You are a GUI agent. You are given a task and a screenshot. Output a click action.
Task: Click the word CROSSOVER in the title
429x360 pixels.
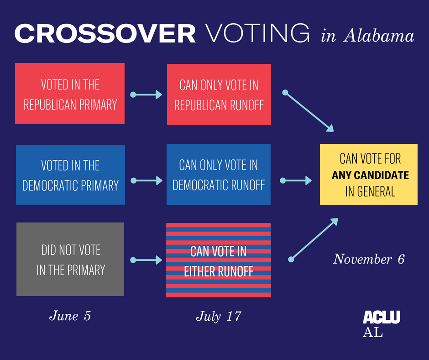pyautogui.click(x=105, y=34)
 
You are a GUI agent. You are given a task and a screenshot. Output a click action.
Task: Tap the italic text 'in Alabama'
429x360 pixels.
pyautogui.click(x=367, y=36)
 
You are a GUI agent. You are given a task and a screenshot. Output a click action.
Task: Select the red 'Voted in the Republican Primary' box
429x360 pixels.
pyautogui.click(x=70, y=94)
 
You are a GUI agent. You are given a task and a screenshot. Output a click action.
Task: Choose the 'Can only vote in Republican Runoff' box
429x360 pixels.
pyautogui.click(x=219, y=95)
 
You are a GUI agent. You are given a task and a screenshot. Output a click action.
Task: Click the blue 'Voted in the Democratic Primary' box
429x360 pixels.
pyautogui.click(x=70, y=175)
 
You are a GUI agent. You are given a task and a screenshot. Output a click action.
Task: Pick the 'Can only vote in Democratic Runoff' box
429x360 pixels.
pyautogui.click(x=219, y=175)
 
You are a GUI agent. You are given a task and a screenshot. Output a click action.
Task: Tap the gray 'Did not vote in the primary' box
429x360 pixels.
pyautogui.click(x=70, y=259)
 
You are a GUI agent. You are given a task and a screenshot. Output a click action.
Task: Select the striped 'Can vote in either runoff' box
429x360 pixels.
pyautogui.click(x=219, y=260)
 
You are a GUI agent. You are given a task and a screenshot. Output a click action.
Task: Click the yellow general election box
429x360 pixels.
pyautogui.click(x=368, y=175)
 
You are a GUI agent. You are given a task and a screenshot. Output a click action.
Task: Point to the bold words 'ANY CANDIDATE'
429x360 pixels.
pyautogui.click(x=370, y=175)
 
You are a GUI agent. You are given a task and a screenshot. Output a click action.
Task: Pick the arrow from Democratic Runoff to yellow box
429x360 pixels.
pyautogui.click(x=296, y=181)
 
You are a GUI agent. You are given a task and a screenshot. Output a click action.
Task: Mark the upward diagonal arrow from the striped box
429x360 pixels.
pyautogui.click(x=314, y=239)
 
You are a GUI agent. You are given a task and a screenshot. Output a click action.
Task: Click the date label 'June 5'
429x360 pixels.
pyautogui.click(x=70, y=316)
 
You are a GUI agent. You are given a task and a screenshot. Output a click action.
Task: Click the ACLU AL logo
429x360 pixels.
pyautogui.click(x=381, y=323)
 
